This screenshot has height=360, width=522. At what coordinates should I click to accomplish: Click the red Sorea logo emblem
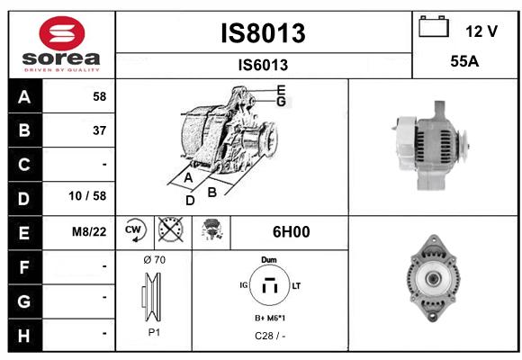click(62, 33)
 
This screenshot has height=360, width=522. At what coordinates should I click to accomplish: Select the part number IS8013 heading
click(263, 33)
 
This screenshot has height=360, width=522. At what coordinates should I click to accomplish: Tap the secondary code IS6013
click(263, 65)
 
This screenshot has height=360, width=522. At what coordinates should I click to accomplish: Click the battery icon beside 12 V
click(434, 26)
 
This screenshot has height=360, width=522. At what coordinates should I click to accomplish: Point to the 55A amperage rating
click(464, 61)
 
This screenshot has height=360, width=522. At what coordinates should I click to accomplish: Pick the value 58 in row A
click(100, 96)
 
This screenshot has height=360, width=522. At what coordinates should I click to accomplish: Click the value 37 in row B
click(100, 130)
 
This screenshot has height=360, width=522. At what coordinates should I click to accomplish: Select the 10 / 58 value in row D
click(87, 196)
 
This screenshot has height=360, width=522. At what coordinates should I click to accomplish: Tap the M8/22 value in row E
click(89, 232)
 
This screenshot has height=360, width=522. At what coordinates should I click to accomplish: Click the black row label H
click(24, 336)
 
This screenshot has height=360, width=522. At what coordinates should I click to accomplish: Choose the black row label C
click(24, 164)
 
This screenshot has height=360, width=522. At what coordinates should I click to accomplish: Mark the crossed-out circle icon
click(170, 229)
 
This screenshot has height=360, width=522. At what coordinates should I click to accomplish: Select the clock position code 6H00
click(292, 232)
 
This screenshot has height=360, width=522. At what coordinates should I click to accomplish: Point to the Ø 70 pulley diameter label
click(155, 260)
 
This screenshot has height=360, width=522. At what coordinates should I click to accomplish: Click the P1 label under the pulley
click(154, 332)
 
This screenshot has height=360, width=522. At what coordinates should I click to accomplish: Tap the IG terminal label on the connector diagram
click(244, 285)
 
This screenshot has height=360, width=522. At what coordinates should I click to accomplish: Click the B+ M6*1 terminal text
click(270, 319)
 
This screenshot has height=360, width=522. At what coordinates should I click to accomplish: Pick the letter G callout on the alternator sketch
click(282, 102)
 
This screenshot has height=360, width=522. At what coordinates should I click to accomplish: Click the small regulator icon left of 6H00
click(211, 229)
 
